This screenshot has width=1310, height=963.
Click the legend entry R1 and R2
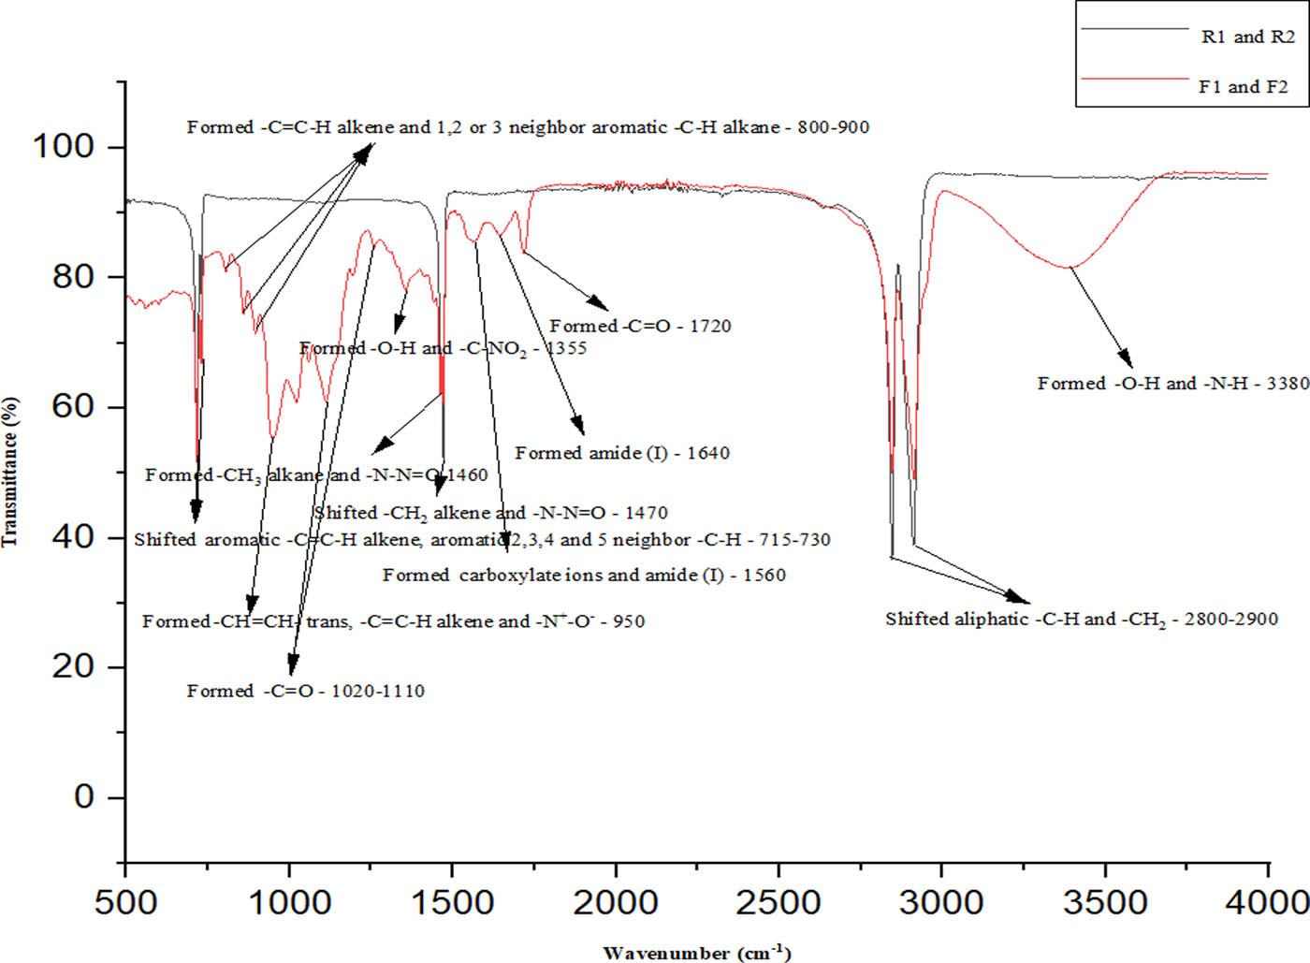coord(1247,37)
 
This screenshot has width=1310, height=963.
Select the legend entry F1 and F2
coord(1243,87)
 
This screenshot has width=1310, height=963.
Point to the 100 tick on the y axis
coord(64,147)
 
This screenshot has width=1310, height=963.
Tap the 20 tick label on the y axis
coord(74,667)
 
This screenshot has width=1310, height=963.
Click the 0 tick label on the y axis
coord(84,797)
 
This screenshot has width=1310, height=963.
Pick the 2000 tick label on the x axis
coord(616,903)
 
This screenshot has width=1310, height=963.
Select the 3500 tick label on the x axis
coord(1105,903)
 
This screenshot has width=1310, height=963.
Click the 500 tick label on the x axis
coord(125,903)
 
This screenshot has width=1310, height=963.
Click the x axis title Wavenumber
coord(697,953)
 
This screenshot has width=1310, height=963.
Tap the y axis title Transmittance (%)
coord(10,472)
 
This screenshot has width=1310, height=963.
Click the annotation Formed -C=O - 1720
coord(640,327)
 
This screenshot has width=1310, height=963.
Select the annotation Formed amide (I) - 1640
coord(622,453)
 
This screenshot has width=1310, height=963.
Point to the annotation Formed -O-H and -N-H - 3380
coord(1172,384)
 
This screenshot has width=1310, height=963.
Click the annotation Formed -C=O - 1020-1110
coord(305,692)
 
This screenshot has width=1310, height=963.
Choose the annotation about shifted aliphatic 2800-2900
coord(1081,620)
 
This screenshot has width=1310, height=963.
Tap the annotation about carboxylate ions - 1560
coord(584,576)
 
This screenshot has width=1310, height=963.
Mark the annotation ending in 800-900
coord(528,127)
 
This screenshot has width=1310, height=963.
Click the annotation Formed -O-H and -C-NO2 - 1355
coord(443,348)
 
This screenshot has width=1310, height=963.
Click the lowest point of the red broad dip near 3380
coord(1070,268)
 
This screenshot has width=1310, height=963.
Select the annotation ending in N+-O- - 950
coord(393,621)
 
